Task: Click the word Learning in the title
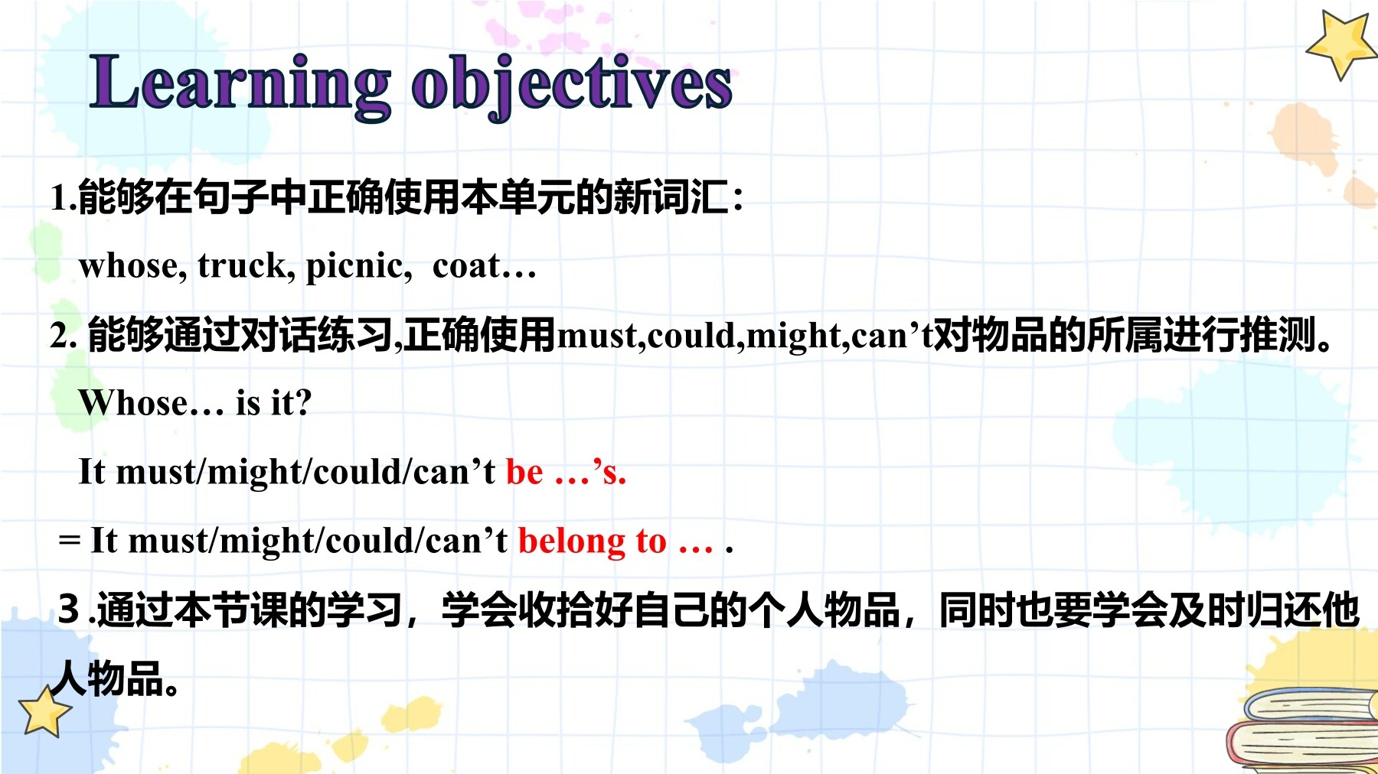(240, 85)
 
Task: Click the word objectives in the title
(572, 85)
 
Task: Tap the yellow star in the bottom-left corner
(44, 711)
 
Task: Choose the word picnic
(358, 266)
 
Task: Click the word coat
(466, 266)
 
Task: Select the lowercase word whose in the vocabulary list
(132, 266)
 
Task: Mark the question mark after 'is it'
(302, 402)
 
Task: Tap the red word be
(524, 472)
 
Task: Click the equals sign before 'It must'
(69, 541)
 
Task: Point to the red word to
(651, 541)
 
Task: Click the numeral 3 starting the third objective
(69, 610)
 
